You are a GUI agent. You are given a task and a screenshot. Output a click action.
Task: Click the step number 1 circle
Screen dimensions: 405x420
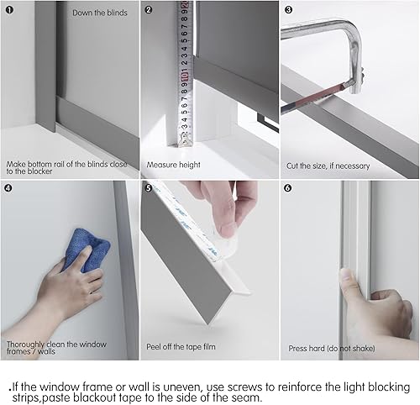9,10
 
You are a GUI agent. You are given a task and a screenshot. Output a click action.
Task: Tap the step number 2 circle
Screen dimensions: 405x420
149,10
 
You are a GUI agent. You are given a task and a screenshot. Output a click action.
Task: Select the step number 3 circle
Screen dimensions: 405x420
288,10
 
